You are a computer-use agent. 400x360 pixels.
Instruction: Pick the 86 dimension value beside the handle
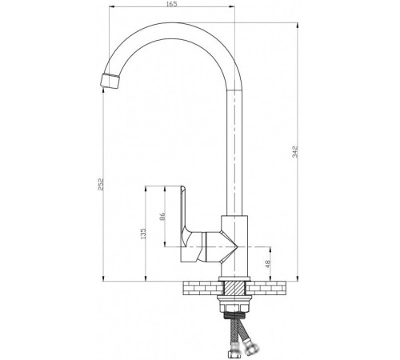coord(162,216)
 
